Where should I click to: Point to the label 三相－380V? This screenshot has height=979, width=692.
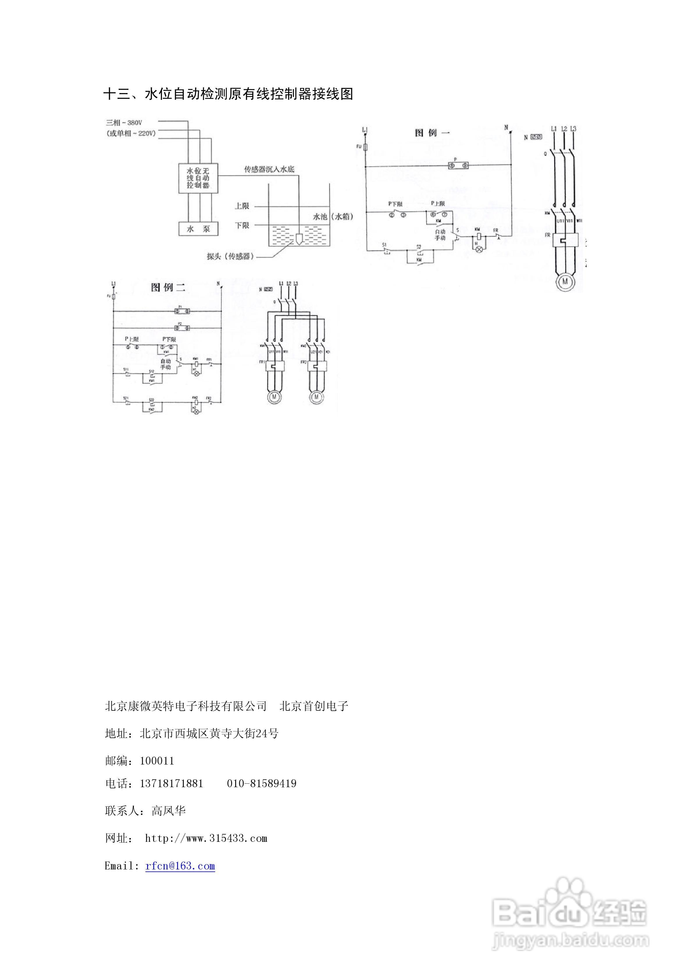click(x=124, y=123)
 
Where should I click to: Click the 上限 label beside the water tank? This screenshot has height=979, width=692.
click(x=242, y=206)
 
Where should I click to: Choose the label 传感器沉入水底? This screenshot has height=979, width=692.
click(x=269, y=169)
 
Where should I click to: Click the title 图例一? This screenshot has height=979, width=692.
click(x=432, y=133)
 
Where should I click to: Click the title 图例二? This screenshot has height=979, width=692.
click(x=168, y=288)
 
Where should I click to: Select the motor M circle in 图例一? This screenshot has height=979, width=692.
click(x=565, y=281)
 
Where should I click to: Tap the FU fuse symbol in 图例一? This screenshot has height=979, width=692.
click(x=365, y=147)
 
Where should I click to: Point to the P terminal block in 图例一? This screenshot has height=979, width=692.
click(x=459, y=165)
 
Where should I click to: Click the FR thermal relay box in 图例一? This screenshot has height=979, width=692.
click(x=565, y=240)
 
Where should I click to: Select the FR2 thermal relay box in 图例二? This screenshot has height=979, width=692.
click(x=317, y=365)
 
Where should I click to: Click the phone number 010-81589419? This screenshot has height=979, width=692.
click(x=261, y=784)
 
